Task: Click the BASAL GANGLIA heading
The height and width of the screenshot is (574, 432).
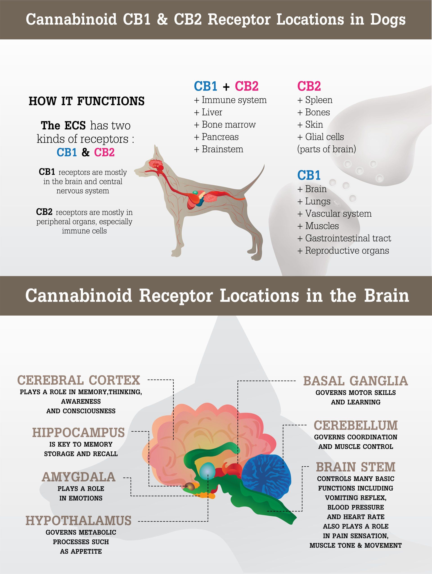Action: click(x=355, y=381)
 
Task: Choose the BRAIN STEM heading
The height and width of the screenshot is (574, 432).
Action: click(x=355, y=467)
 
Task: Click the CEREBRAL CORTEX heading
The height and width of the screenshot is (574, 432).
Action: click(x=78, y=380)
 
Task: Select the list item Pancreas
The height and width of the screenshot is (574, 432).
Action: click(x=220, y=137)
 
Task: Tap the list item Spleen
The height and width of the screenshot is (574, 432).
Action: click(x=318, y=100)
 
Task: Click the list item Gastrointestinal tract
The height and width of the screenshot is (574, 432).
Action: click(x=348, y=238)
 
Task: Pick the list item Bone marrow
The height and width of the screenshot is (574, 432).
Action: click(x=228, y=125)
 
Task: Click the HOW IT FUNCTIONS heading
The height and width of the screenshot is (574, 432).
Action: click(x=86, y=101)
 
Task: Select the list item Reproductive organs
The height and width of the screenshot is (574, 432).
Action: click(x=347, y=250)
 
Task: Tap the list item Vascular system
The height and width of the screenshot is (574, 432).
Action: click(x=338, y=214)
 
